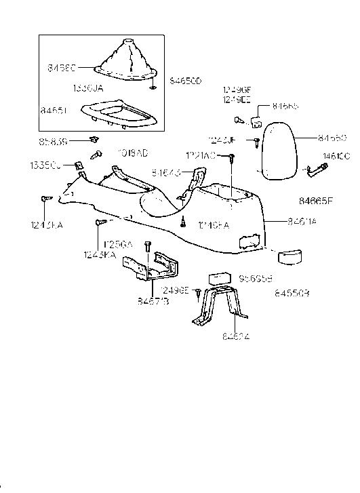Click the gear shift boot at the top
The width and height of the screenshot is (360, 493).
pos(125,61)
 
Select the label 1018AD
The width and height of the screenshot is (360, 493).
pos(133,153)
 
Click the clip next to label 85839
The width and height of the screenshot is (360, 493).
pos(92,140)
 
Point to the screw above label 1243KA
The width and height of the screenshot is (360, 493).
pos(100,222)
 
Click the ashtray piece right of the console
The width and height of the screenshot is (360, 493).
pos(288,257)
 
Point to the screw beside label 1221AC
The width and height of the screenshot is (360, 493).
pos(232,159)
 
